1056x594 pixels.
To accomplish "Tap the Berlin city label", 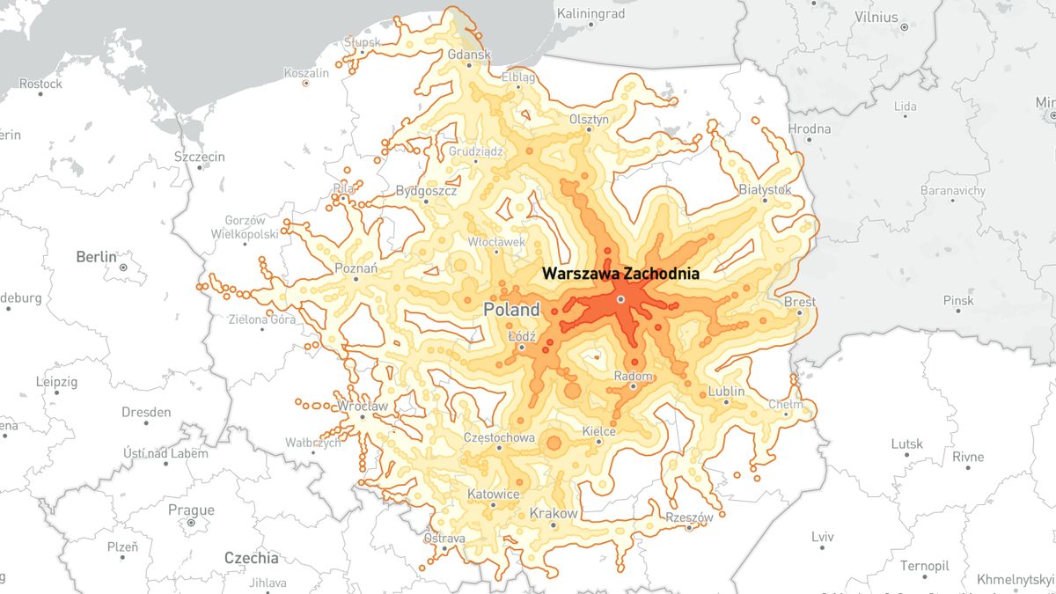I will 96,257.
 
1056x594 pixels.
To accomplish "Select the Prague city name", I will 191,510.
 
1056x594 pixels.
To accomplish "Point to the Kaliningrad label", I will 590,14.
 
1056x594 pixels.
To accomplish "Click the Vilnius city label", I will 876,17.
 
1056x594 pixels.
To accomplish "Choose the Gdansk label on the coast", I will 468,55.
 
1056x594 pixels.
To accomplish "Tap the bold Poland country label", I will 511,310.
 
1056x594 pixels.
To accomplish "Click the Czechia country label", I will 251,558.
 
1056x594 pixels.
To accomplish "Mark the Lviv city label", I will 822,536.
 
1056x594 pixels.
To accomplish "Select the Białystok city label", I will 765,189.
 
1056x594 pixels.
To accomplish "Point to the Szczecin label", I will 200,157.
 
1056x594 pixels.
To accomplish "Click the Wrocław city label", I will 363,407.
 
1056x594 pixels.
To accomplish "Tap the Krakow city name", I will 554,514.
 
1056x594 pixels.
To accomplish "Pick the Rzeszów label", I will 689,517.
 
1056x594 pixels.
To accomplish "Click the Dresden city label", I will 146,412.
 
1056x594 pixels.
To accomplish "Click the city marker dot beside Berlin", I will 123,267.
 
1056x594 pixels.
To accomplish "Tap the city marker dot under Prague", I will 191,523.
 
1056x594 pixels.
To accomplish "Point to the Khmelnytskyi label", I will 1014,579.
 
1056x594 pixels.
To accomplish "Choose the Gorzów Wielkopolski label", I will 245,227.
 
